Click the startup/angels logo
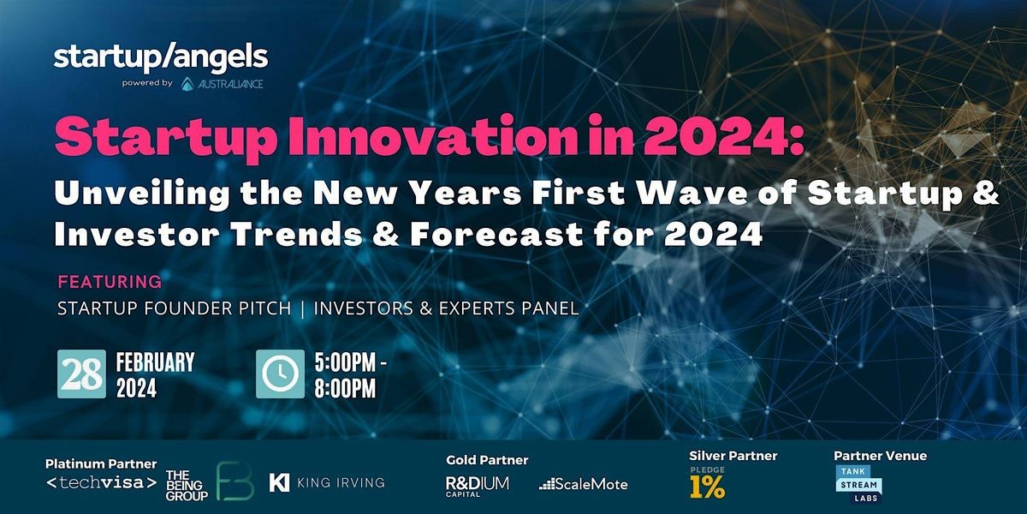pos(161,57)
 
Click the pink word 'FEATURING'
pos(109,281)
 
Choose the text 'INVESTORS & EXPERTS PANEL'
pos(446,308)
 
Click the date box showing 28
pos(81,374)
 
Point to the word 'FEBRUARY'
pos(155,362)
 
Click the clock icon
pos(280,374)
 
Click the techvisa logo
pos(101,484)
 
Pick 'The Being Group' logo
pos(187,485)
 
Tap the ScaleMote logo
pos(584,484)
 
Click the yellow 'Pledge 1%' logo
pos(708,484)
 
